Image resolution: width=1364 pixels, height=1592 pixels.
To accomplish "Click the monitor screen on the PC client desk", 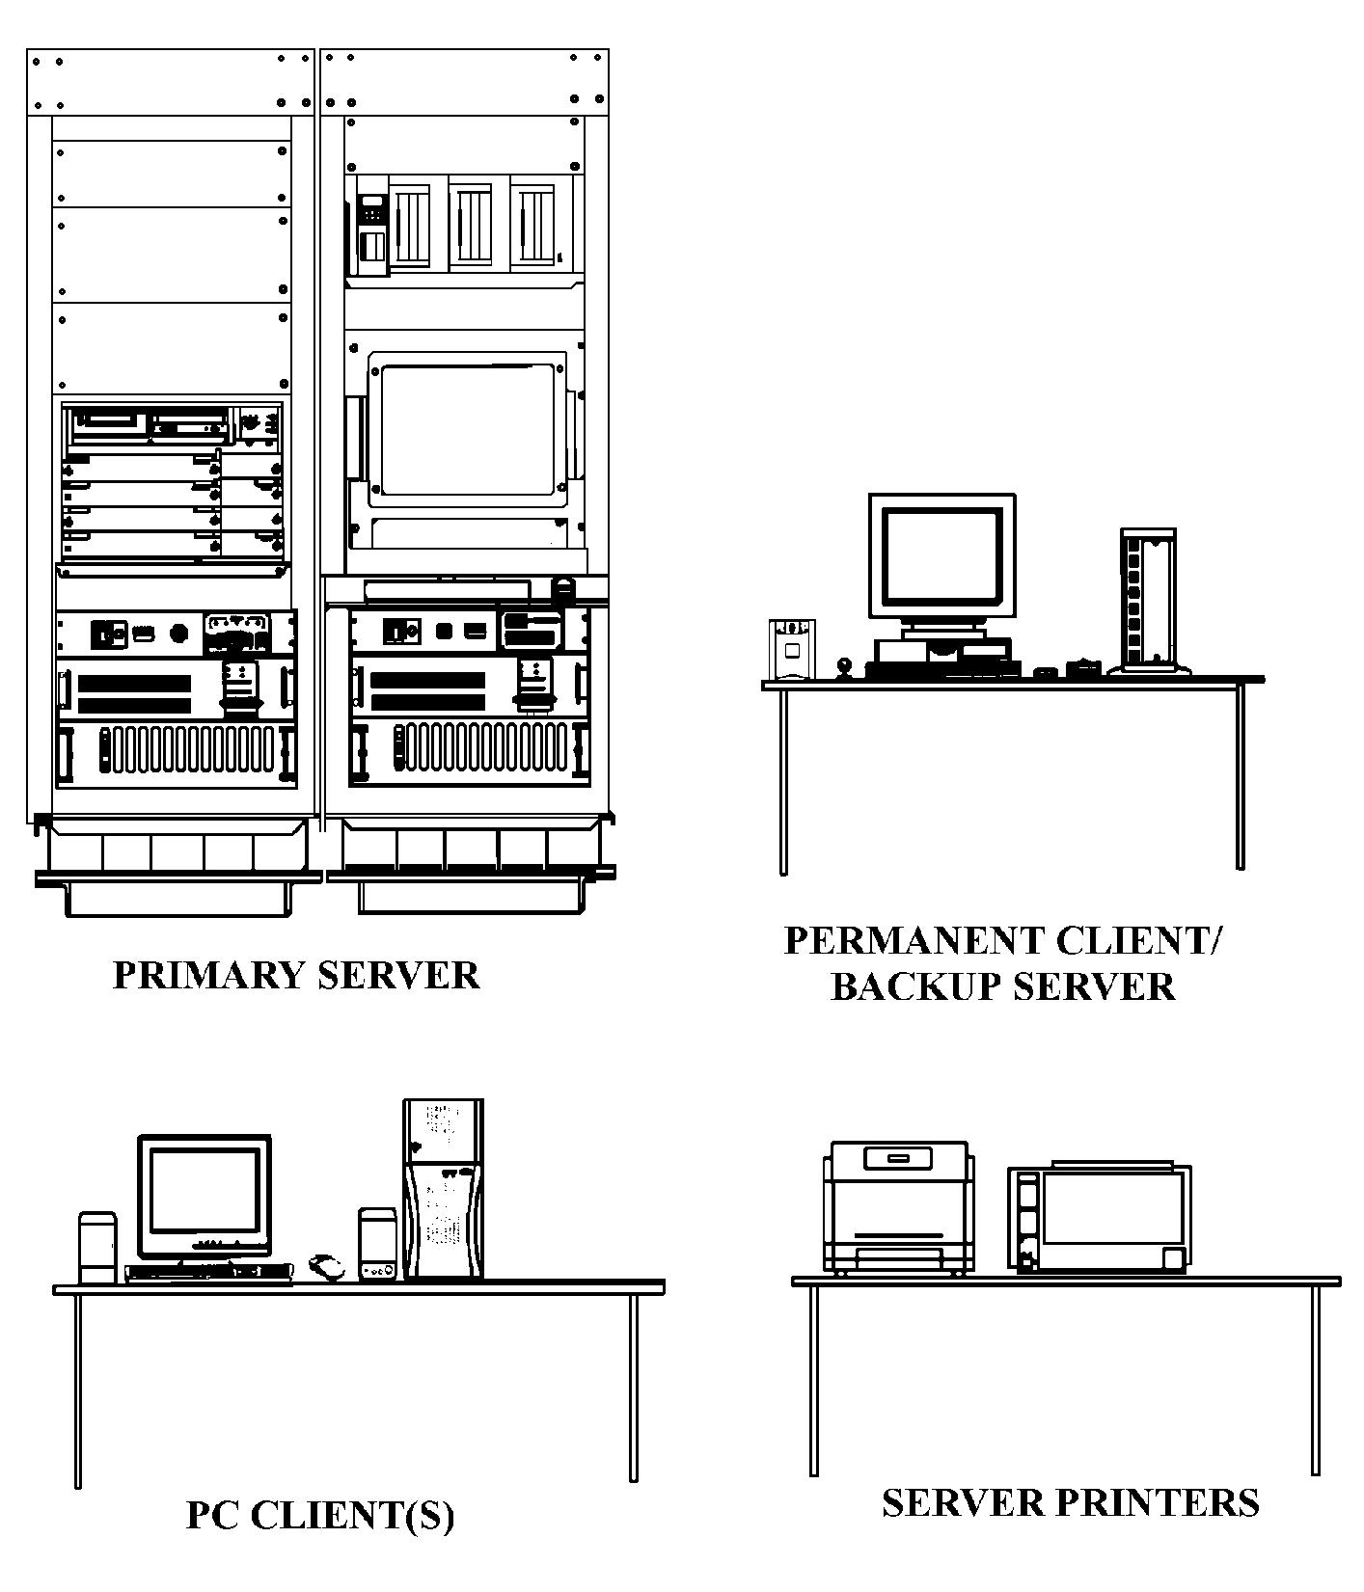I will tap(204, 1192).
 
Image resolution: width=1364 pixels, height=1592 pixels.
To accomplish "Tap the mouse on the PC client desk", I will tap(326, 1267).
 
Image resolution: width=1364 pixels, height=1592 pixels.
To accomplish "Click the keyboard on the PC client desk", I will tap(209, 1272).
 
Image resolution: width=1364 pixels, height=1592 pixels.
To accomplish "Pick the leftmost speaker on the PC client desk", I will tap(97, 1248).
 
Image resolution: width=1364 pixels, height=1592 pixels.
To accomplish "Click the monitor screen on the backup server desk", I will tap(941, 556).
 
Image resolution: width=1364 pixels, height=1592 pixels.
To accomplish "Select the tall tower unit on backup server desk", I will tap(1148, 600).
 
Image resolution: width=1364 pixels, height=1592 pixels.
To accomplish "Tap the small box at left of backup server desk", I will tap(792, 649).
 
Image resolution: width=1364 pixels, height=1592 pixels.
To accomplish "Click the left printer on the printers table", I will tap(898, 1207).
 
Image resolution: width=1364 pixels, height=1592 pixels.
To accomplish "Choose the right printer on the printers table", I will tap(1100, 1218).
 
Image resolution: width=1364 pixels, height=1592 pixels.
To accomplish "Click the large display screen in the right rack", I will tap(467, 426).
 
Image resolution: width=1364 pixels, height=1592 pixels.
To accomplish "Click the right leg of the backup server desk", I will tap(1241, 776).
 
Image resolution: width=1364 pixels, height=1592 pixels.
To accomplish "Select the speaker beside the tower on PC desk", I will tap(377, 1245).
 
